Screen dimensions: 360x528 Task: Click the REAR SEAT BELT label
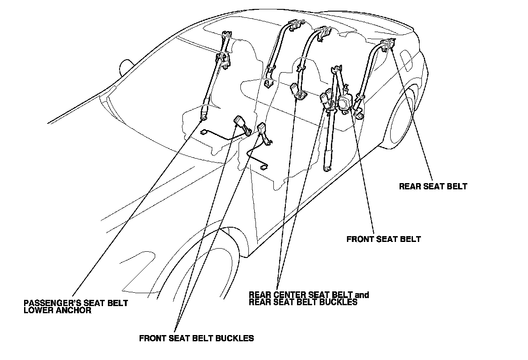pos(433,186)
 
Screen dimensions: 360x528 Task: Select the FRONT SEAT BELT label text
pos(384,239)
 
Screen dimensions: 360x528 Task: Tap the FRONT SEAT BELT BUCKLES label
pos(196,338)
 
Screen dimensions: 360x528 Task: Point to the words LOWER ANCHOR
pos(57,311)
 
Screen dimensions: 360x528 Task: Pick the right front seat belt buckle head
pos(261,129)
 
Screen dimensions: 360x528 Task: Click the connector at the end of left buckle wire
pos(204,131)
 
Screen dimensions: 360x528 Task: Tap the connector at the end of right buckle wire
pos(263,168)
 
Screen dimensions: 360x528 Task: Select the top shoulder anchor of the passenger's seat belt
pos(226,34)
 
